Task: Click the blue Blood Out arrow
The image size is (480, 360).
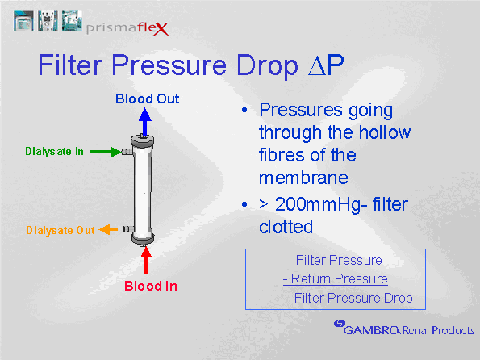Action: coord(144,122)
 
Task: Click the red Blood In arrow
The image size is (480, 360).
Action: coord(146,260)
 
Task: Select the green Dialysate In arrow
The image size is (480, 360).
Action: coord(106,152)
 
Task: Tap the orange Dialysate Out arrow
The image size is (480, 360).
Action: coord(108,229)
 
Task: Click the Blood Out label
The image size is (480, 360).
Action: coord(147,98)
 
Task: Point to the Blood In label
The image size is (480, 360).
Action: coord(151,287)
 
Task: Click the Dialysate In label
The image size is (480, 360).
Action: coord(54,152)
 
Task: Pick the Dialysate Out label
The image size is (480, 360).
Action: coord(61,230)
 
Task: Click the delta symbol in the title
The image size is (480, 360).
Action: coord(317,66)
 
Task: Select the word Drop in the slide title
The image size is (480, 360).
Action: coord(267,66)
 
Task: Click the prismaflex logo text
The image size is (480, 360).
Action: coord(127,28)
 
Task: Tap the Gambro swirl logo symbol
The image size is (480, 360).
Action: coord(340,324)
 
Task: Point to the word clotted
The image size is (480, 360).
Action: coord(286,227)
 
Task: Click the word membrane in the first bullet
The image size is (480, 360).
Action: coord(303,178)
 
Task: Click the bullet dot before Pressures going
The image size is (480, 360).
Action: coord(244,110)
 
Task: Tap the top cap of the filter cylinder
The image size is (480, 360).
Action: coord(142,140)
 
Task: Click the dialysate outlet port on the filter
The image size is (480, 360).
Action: coord(128,229)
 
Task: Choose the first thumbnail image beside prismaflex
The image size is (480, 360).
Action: coord(23,20)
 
